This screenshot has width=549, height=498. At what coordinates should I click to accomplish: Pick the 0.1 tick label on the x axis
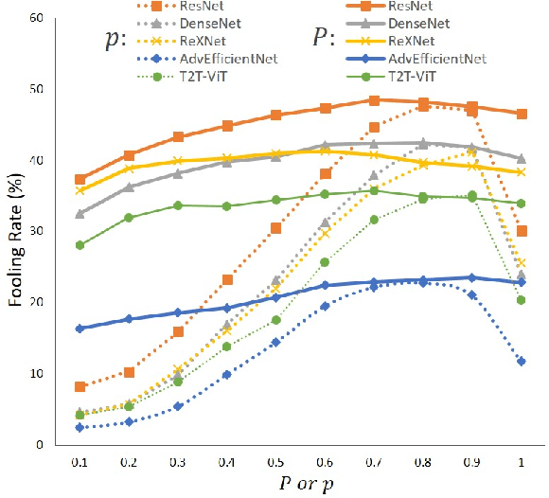[x=80, y=460]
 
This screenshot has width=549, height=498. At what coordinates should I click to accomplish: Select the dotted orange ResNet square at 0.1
[x=80, y=386]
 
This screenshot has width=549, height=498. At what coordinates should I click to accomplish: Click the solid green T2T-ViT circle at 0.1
[x=80, y=245]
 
